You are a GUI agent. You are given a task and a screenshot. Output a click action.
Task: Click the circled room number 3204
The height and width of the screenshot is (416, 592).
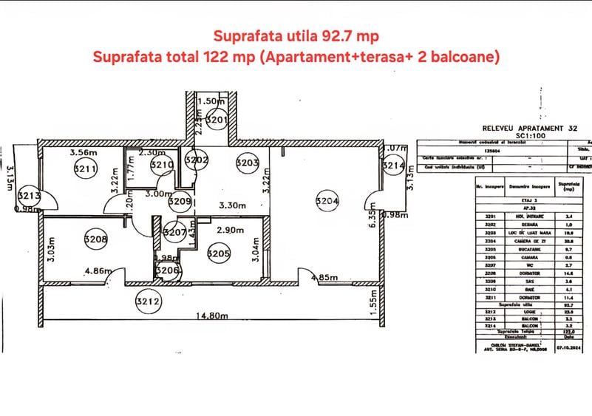coord(327,200)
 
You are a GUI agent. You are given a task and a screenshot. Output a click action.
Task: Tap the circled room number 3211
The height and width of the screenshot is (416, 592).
coord(86,169)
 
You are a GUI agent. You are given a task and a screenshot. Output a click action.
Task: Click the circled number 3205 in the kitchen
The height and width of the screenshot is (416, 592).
coord(219,254)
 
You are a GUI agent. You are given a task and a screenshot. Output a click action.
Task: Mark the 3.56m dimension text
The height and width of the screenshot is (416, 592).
coord(83,153)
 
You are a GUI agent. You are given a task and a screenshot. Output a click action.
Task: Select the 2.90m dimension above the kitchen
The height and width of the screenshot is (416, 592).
coord(230,231)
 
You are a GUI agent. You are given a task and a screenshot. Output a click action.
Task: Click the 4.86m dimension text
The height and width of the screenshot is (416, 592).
coord(98,270)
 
